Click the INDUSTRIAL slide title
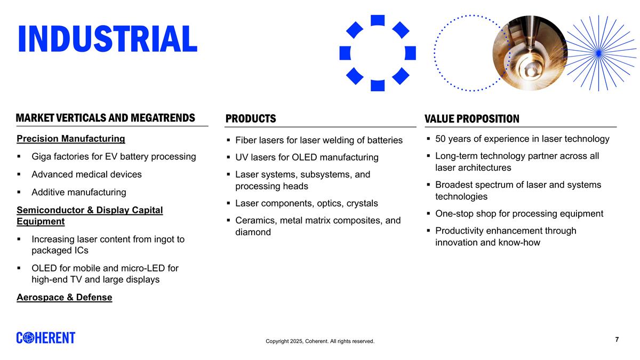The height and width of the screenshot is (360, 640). (x=107, y=39)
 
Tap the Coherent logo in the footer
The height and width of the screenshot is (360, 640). (x=46, y=338)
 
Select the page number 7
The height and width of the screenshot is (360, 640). (x=617, y=340)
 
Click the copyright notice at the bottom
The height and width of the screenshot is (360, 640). (x=320, y=341)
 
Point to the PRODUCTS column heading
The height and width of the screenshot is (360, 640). (x=251, y=118)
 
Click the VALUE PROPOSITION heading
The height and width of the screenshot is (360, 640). (x=471, y=118)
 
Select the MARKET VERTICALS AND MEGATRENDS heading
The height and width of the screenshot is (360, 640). (x=106, y=118)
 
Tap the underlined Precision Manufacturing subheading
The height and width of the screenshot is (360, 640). (x=71, y=139)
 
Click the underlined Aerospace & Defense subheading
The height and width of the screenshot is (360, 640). (x=65, y=297)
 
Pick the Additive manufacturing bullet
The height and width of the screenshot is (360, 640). (x=79, y=192)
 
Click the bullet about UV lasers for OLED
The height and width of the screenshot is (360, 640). (x=307, y=157)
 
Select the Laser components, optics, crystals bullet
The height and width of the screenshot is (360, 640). (x=306, y=203)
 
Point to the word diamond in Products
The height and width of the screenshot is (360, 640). (x=253, y=232)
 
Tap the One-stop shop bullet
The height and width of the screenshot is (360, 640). (x=519, y=214)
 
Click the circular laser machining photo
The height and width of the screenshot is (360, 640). (x=529, y=52)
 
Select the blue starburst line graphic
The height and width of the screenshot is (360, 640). (x=598, y=52)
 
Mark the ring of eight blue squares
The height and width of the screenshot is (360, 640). (x=378, y=53)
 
